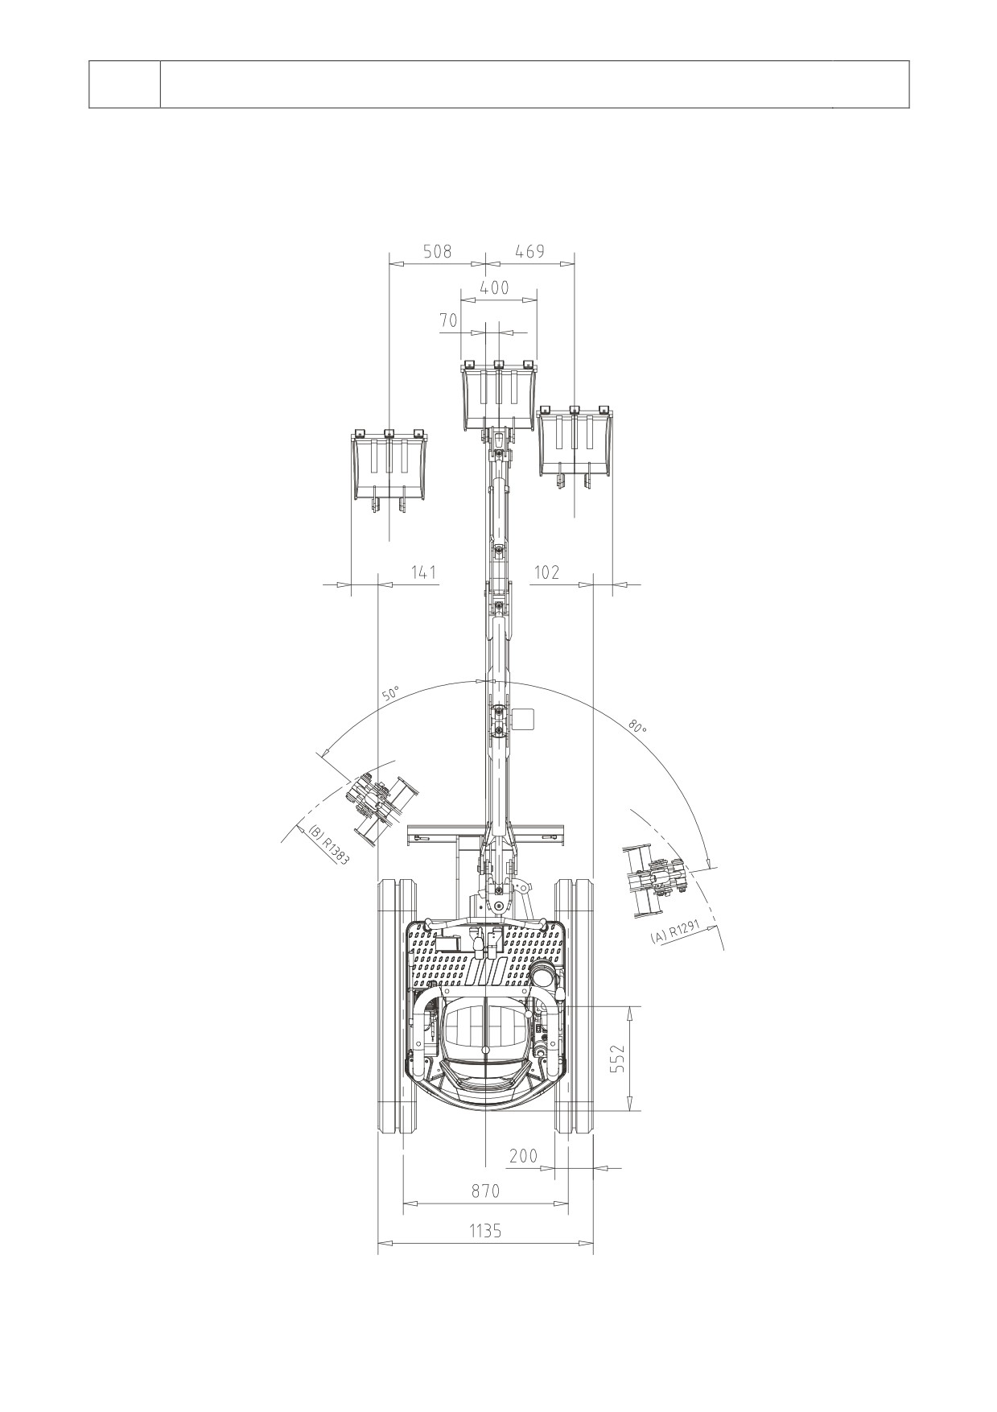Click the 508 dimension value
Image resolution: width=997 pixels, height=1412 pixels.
438,251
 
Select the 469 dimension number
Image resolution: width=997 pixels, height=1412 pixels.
529,251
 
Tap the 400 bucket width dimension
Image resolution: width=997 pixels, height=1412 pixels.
494,287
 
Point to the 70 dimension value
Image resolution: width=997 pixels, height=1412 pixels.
448,320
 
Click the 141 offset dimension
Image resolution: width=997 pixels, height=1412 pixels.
423,572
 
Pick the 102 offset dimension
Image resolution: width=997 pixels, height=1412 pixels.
546,572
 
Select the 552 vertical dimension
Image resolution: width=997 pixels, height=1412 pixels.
617,1059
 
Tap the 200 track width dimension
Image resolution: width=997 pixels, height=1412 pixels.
523,1156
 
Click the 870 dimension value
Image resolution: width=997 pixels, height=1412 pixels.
485,1191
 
